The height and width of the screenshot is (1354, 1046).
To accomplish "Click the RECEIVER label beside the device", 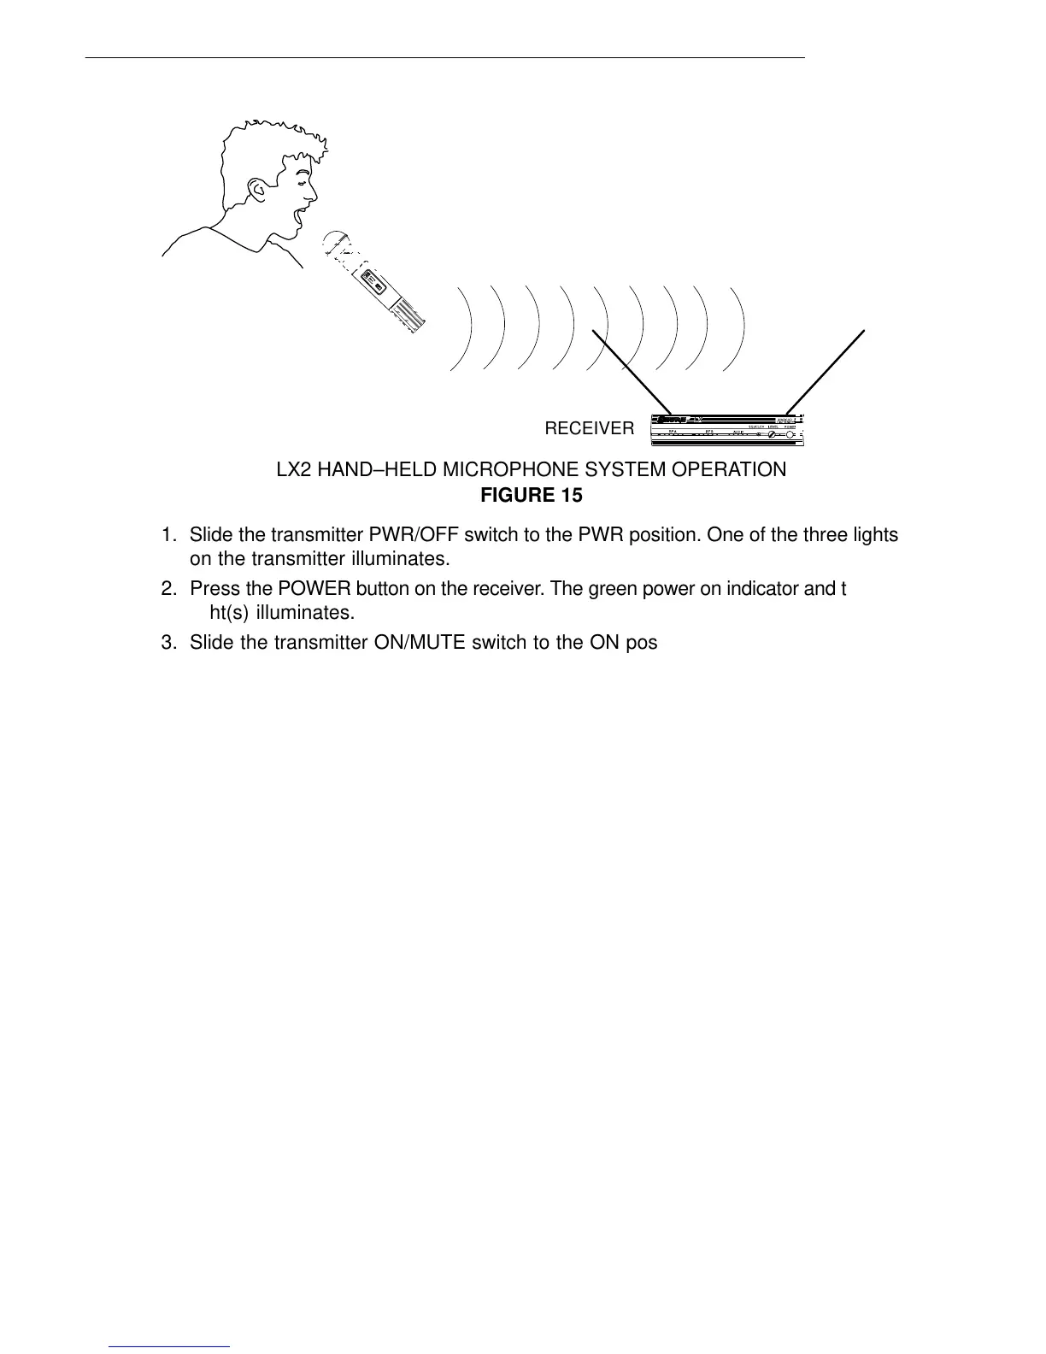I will (589, 428).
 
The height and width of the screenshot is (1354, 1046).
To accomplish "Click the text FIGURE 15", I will (531, 496).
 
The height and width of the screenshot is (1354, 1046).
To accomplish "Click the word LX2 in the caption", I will (292, 470).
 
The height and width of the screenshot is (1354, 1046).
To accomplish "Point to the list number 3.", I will (168, 642).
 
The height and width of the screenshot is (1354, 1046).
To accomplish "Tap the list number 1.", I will (168, 535).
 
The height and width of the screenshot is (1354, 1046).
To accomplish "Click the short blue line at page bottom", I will (170, 1345).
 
